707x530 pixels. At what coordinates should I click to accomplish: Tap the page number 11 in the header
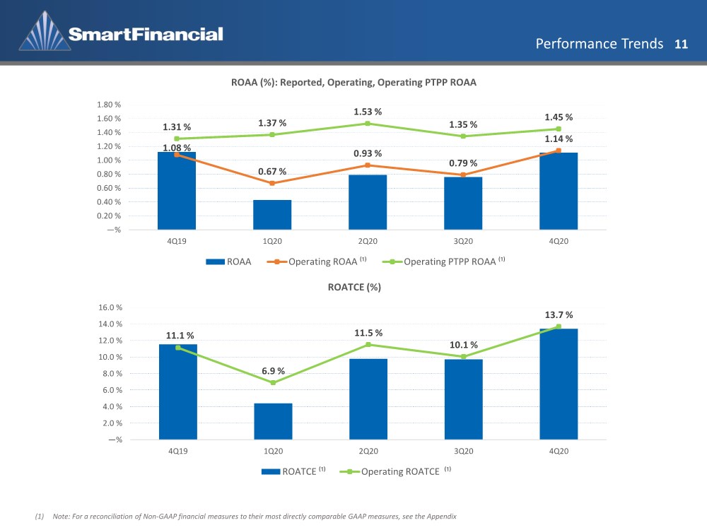pyautogui.click(x=681, y=44)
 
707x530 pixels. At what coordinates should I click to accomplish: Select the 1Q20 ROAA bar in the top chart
pyautogui.click(x=272, y=215)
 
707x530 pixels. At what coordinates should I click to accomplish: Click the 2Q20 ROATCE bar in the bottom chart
pyautogui.click(x=368, y=399)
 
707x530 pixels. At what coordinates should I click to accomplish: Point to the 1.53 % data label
pyautogui.click(x=368, y=112)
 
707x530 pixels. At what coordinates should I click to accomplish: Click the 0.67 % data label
pyautogui.click(x=272, y=172)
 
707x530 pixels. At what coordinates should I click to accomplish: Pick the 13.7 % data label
pyautogui.click(x=559, y=314)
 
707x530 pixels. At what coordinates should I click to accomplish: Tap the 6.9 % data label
pyautogui.click(x=273, y=371)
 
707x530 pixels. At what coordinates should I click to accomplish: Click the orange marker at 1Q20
pyautogui.click(x=272, y=184)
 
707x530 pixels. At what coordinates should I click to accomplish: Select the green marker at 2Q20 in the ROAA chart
pyautogui.click(x=368, y=124)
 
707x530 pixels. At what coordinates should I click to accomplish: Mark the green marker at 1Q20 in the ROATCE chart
pyautogui.click(x=273, y=382)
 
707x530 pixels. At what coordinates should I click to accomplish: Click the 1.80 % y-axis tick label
pyautogui.click(x=109, y=105)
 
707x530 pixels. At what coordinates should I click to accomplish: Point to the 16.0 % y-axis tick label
pyautogui.click(x=110, y=307)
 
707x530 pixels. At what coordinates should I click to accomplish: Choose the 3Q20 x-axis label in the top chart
pyautogui.click(x=463, y=241)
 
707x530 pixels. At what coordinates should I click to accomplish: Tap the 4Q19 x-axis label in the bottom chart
pyautogui.click(x=177, y=451)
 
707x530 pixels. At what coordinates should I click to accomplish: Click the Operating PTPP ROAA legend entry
pyautogui.click(x=444, y=261)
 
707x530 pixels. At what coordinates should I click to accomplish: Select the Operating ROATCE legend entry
pyautogui.click(x=395, y=471)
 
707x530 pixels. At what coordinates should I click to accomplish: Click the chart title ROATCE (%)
pyautogui.click(x=354, y=287)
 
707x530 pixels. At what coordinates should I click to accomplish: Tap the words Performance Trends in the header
pyautogui.click(x=600, y=44)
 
